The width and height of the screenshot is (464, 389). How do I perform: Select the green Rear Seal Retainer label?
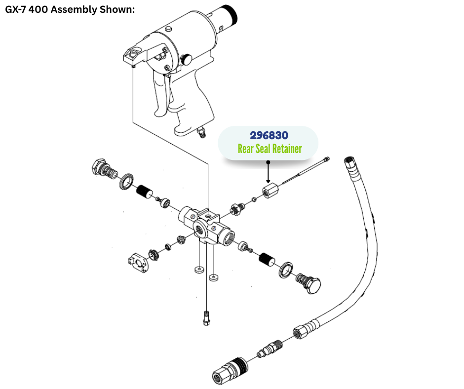coord(269,149)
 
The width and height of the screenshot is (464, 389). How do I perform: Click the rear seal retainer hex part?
coord(271,191)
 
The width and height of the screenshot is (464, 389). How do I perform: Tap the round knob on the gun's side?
coord(187,59)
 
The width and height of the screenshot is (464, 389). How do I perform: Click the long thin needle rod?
coord(304,172)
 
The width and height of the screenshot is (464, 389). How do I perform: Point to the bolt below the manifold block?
coord(206,318)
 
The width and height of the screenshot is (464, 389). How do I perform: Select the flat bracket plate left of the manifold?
coord(138,261)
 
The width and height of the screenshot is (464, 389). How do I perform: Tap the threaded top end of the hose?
coord(350,163)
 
